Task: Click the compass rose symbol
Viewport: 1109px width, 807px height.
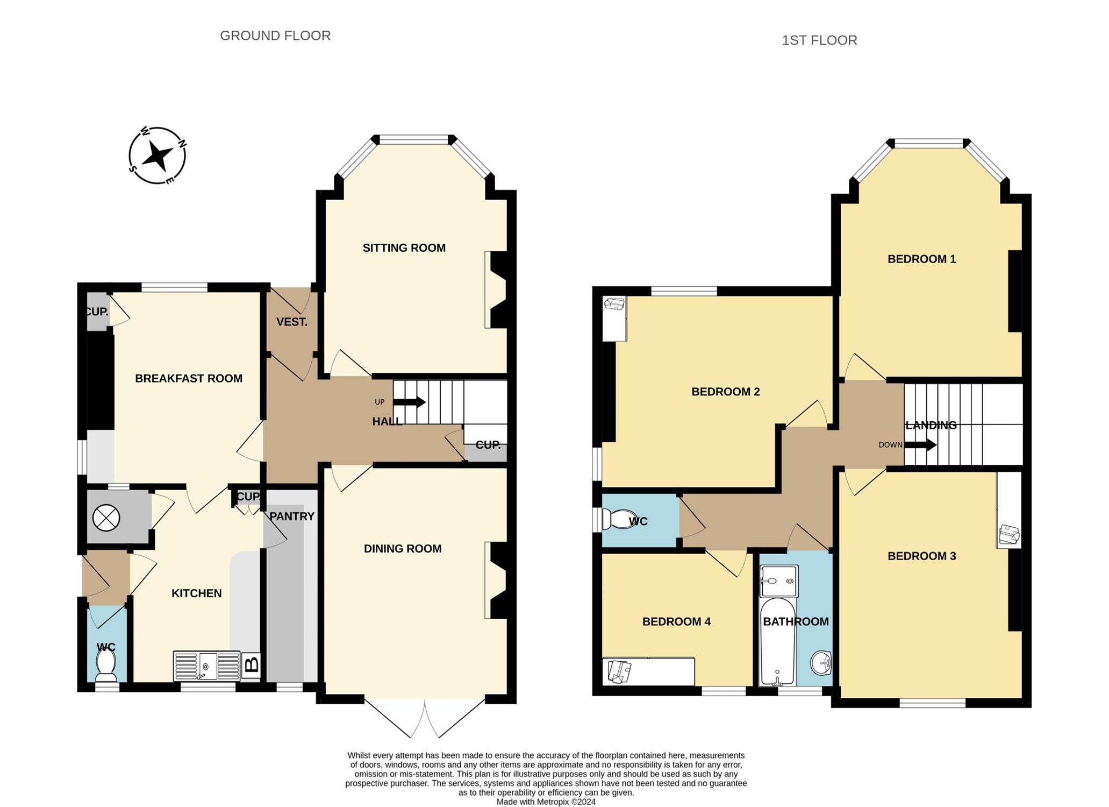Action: tap(158, 155)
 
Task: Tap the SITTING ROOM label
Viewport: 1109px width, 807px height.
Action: tap(404, 248)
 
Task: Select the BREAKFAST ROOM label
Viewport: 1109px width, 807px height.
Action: tap(189, 379)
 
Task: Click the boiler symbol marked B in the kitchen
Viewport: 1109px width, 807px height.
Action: tap(251, 665)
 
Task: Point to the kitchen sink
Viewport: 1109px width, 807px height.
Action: tap(206, 666)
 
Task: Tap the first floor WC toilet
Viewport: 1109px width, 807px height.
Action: tap(616, 520)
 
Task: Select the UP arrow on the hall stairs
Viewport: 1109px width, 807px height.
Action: tap(410, 402)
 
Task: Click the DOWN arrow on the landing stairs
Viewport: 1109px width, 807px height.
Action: tap(920, 445)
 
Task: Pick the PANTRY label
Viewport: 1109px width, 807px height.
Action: tap(292, 516)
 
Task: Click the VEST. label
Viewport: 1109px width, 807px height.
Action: tap(292, 322)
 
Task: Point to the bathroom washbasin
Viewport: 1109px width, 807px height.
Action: tap(821, 663)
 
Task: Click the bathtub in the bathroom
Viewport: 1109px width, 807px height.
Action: tap(778, 641)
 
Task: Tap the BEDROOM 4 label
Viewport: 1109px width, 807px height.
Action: tap(676, 622)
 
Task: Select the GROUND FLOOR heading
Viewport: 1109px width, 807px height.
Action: tap(275, 36)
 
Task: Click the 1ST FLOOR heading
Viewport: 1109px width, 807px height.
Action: tap(819, 40)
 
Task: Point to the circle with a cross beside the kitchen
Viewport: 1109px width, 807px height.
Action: tap(106, 518)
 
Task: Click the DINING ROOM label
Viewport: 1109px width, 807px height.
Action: tap(403, 549)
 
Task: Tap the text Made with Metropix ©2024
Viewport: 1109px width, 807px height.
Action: tap(546, 802)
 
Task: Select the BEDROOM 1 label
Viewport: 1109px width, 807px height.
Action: tap(922, 259)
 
